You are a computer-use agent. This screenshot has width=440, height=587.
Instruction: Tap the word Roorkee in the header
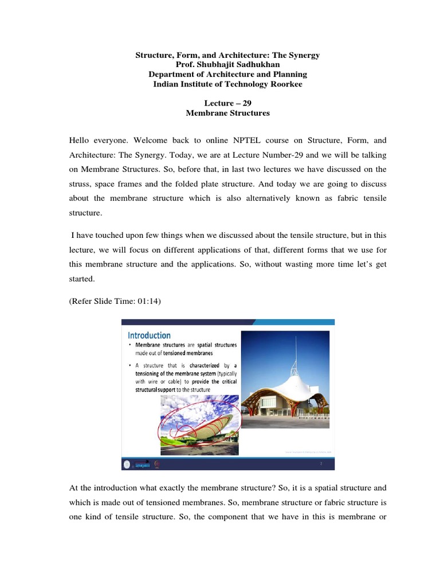tap(285, 84)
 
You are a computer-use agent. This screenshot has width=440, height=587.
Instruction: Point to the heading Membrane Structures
tap(227, 114)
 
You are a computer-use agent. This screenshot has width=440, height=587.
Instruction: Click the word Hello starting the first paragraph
tap(81, 139)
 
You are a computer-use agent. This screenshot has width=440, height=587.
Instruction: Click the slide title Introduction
tap(149, 335)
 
